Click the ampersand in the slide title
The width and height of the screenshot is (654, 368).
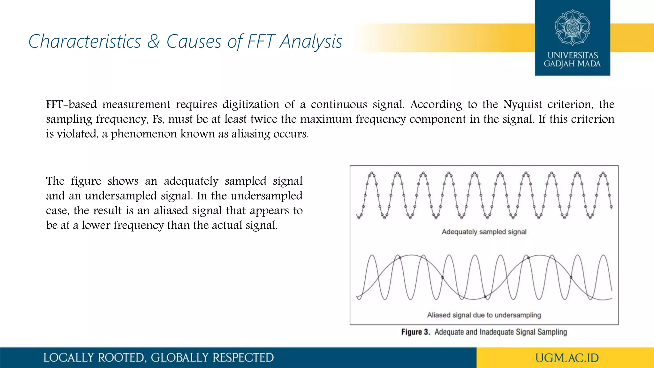[153, 42]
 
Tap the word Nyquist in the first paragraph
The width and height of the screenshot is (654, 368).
[522, 104]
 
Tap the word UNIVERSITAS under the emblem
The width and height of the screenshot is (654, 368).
[573, 55]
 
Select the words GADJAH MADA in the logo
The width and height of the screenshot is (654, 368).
[572, 64]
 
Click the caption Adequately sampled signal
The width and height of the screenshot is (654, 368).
[484, 232]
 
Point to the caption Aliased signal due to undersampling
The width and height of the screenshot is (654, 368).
[484, 315]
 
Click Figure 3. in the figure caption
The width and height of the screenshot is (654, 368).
[415, 332]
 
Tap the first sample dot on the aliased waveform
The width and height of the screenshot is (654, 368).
[400, 257]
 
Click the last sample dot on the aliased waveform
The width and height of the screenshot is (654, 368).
[571, 277]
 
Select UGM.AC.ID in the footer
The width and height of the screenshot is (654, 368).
[567, 358]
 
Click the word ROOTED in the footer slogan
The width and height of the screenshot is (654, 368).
[121, 358]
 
